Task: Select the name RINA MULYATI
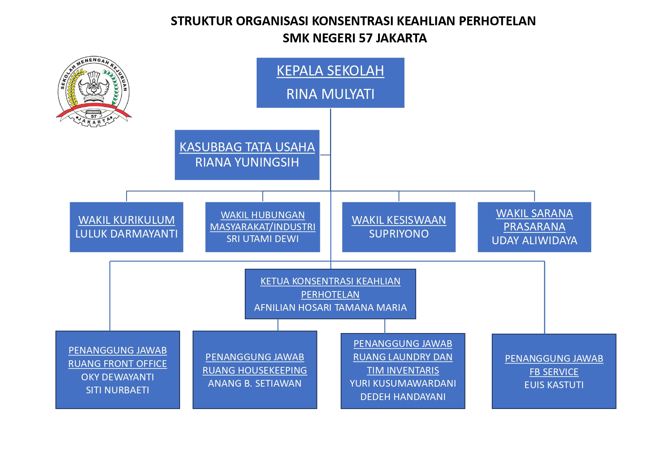point(330,94)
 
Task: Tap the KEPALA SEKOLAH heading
point(330,71)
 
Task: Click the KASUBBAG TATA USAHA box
point(247,155)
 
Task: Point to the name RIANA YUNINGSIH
point(247,162)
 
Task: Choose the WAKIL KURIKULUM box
point(127,227)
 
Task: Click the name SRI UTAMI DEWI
point(263,239)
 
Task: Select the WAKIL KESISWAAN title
point(399,220)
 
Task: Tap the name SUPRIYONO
point(399,234)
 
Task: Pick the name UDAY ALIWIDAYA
point(534,241)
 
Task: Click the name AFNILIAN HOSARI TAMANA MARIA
point(330,308)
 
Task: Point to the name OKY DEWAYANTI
point(118,377)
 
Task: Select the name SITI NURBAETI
point(118,390)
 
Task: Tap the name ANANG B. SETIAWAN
point(255,384)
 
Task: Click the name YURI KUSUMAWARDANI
point(403,384)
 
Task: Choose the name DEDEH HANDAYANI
point(403,397)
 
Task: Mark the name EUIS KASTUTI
point(554,385)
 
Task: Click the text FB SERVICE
point(554,372)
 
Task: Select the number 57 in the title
point(366,38)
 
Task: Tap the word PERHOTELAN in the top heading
point(497,21)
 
